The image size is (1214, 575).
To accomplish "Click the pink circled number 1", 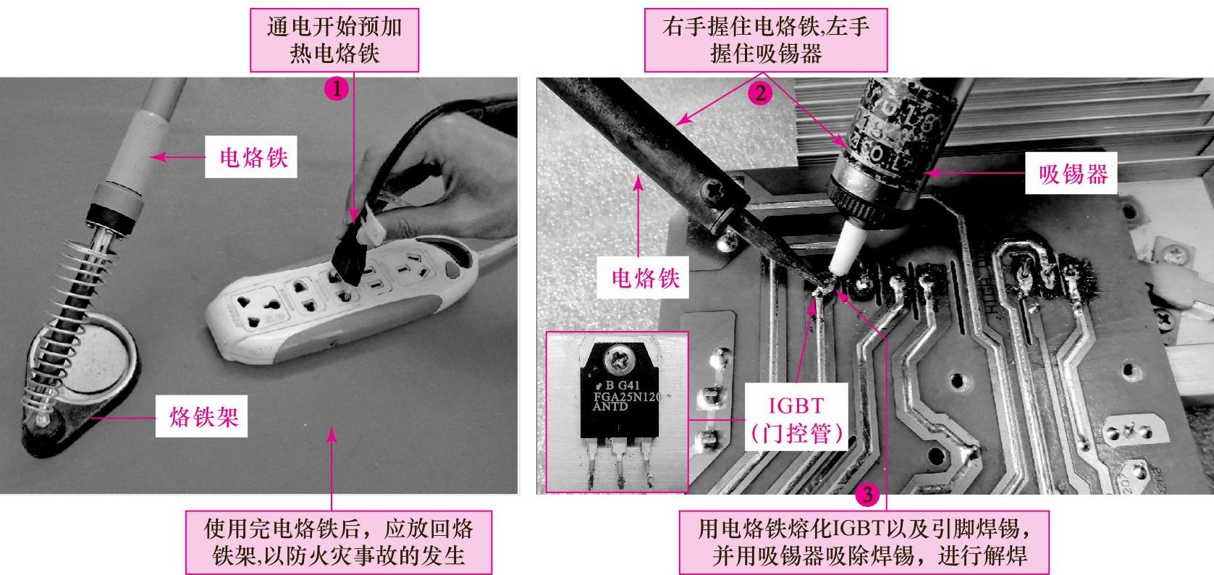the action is pos(337,88).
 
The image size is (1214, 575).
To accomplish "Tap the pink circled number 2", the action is pos(760,93).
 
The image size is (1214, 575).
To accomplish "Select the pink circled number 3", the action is pos(867,494).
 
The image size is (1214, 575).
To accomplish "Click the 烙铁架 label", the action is pos(202,416).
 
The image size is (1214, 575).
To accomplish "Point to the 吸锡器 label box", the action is pos(1071,173).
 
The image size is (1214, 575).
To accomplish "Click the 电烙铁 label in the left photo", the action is pos(251,156).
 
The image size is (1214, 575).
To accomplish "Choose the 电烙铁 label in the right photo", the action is pos(643,277).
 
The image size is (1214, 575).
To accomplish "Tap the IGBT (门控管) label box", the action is pos(796,417).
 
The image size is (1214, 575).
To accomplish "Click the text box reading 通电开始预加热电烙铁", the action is pos(334,40).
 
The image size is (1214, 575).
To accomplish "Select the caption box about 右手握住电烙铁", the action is pos(766,40).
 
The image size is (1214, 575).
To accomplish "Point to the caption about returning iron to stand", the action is pos(340,542).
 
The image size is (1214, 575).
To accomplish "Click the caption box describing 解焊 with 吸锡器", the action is pos(864,542).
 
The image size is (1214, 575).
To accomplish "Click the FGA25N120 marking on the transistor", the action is pos(627,396).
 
